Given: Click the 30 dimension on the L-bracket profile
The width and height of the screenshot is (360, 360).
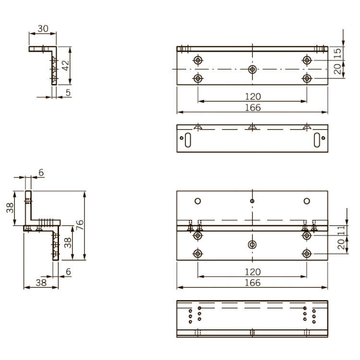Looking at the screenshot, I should pyautogui.click(x=43, y=29).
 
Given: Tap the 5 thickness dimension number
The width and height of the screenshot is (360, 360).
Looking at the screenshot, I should pyautogui.click(x=69, y=93).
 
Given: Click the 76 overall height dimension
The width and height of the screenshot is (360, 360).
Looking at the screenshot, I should pyautogui.click(x=80, y=225).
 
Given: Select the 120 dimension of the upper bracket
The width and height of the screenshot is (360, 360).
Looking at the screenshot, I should pyautogui.click(x=252, y=96).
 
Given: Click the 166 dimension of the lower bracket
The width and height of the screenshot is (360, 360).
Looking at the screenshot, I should pyautogui.click(x=252, y=283).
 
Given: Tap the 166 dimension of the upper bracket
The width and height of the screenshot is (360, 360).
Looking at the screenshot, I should pyautogui.click(x=252, y=108).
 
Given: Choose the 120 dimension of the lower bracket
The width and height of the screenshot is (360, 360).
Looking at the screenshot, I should pyautogui.click(x=252, y=272).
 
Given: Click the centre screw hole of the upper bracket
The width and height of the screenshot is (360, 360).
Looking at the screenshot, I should pyautogui.click(x=252, y=69).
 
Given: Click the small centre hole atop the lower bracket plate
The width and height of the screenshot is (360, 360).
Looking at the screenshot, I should pyautogui.click(x=252, y=201).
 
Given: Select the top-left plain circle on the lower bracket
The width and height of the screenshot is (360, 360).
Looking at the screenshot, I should pyautogui.click(x=197, y=201).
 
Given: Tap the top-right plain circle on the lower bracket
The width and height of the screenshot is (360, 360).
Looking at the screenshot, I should pyautogui.click(x=307, y=201).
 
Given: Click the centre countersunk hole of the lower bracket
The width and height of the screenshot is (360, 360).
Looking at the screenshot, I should pyautogui.click(x=252, y=245).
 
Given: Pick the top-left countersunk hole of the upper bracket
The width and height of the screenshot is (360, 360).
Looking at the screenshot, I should pyautogui.click(x=197, y=60).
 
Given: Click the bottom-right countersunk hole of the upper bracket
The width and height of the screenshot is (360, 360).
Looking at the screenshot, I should pyautogui.click(x=307, y=78).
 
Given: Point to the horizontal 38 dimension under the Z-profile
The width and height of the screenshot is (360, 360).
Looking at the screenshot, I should pyautogui.click(x=41, y=284).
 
